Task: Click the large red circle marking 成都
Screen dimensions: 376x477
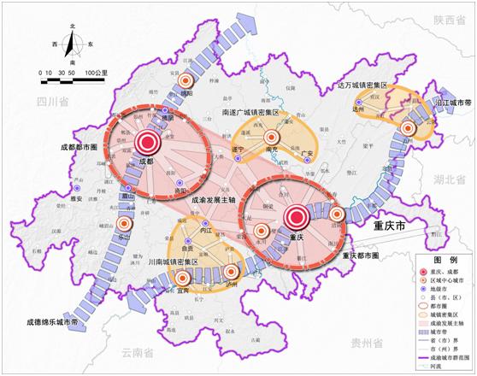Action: coord(146,144)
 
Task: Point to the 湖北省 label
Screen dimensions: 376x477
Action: coord(452,180)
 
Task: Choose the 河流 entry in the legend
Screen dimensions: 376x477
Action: coord(449,369)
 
